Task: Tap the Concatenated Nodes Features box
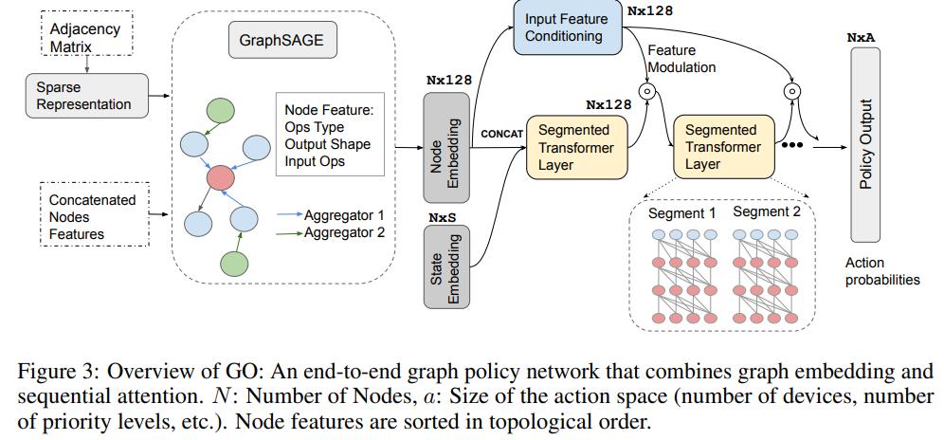92,216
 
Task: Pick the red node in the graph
221,175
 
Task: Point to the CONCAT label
501,135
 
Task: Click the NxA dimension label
862,37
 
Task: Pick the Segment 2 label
767,212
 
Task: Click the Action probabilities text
880,271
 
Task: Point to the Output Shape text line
328,144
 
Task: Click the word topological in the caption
515,420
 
